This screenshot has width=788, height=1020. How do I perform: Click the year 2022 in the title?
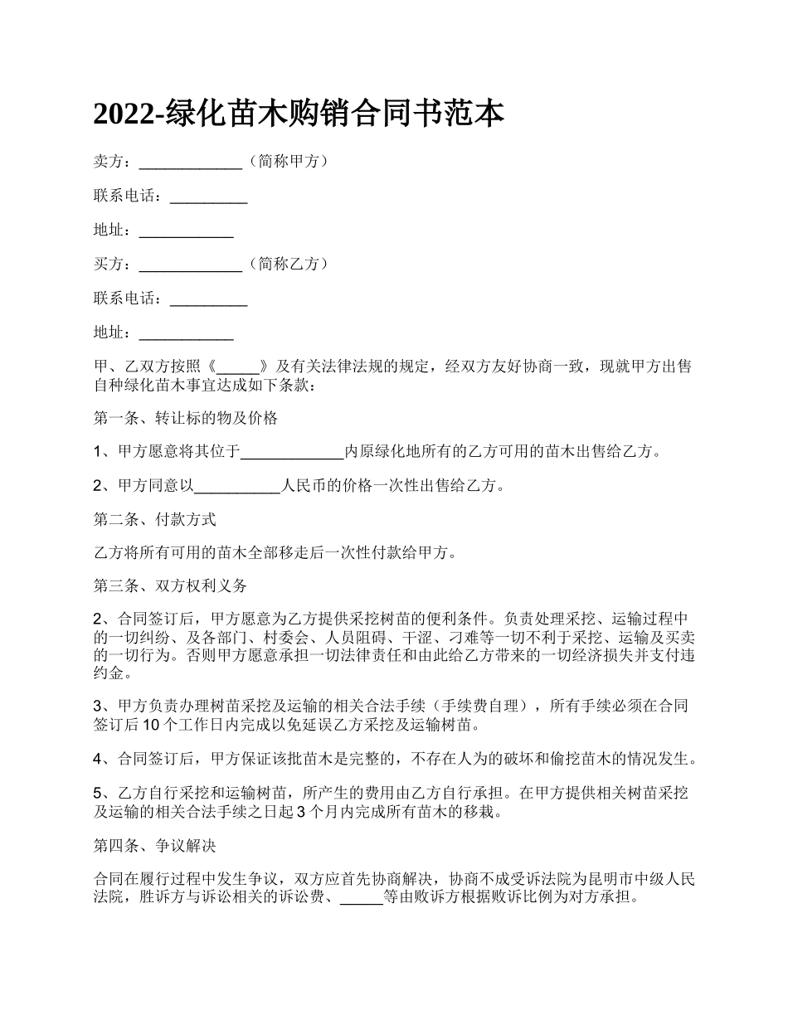[x=124, y=114]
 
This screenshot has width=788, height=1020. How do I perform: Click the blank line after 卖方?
[x=190, y=163]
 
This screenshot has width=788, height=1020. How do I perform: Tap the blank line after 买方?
[x=190, y=265]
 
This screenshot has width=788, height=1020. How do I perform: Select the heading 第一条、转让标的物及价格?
[x=185, y=418]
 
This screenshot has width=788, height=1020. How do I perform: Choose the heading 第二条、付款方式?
[x=154, y=520]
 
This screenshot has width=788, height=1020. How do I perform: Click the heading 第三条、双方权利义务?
[x=170, y=585]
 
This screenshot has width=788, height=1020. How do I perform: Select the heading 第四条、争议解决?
[x=154, y=847]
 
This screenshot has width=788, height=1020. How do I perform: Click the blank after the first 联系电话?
[x=208, y=197]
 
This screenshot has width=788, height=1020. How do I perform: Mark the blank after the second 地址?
[x=186, y=333]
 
